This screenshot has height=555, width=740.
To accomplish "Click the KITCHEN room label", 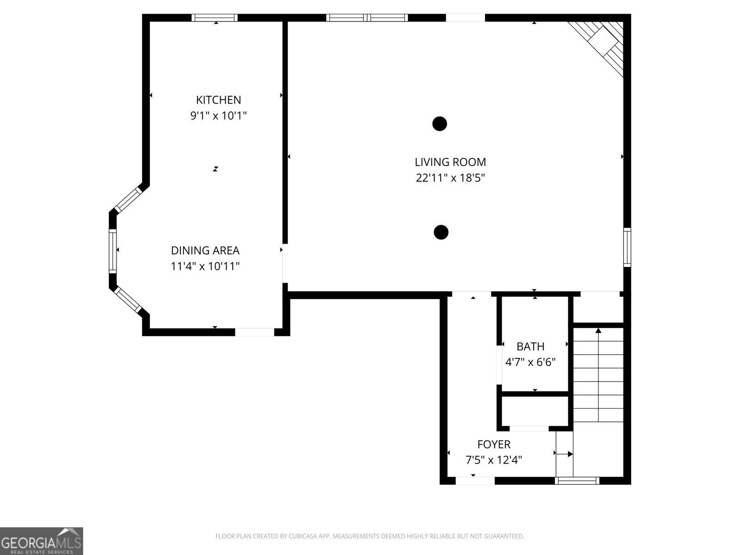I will click(218, 100).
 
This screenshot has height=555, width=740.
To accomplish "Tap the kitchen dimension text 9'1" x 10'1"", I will click(218, 116).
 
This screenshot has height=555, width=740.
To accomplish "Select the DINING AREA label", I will click(205, 251).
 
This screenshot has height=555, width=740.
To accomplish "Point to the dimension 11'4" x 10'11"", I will click(205, 266).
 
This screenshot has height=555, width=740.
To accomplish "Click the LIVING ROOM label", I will click(450, 162).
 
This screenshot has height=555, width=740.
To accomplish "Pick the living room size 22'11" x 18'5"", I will click(450, 178).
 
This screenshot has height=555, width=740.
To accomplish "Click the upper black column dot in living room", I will click(439, 123).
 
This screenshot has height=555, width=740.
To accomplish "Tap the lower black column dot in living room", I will click(441, 232).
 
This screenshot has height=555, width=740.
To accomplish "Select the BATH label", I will click(530, 346).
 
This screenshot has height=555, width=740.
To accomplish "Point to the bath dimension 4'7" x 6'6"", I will click(530, 362).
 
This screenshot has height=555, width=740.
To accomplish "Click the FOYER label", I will click(493, 444).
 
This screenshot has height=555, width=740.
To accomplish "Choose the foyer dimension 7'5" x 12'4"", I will click(493, 460).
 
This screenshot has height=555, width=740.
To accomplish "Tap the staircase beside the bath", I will click(598, 375).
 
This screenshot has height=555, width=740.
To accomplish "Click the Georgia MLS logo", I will click(41, 541).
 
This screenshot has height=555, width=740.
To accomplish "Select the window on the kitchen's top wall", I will click(215, 18).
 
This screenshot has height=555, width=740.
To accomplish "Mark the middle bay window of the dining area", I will click(113, 251).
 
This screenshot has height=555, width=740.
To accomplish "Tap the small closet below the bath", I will click(534, 411).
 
